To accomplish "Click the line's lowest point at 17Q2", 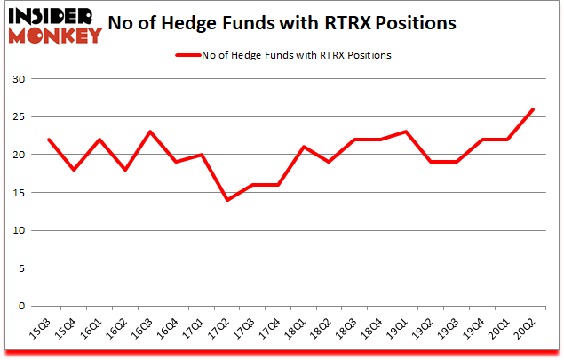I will tap(227, 200).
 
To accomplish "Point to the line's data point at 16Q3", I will tap(150, 132).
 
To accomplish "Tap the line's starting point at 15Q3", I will tap(48, 140).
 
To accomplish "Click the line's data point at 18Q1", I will tap(304, 147).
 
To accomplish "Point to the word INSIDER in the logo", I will tap(54, 17).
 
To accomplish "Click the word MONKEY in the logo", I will tap(54, 36).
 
